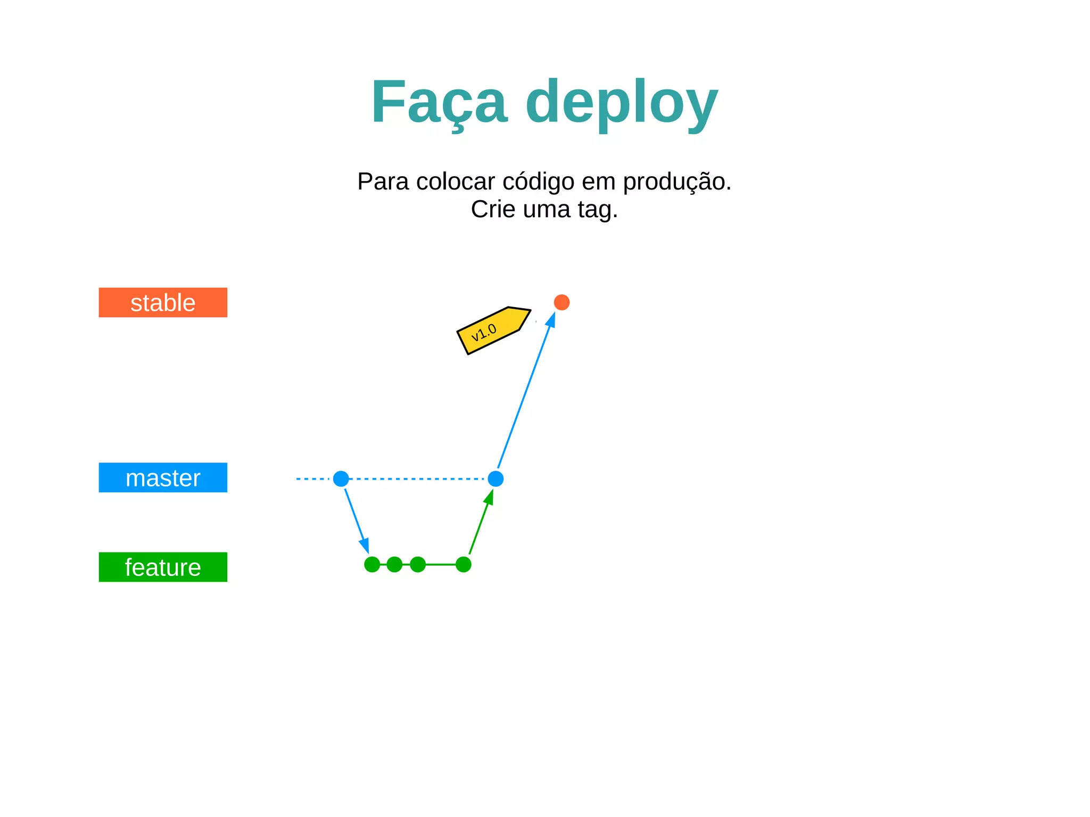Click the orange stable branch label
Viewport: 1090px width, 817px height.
point(163,302)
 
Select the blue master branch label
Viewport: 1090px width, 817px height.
point(163,477)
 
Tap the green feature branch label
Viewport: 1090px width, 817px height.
point(163,567)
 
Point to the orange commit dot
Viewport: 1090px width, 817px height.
point(561,302)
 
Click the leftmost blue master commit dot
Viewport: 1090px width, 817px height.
point(341,478)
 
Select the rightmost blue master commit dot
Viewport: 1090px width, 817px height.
point(496,478)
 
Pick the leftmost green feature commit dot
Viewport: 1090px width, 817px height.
point(372,564)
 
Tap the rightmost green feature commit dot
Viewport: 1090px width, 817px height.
point(464,564)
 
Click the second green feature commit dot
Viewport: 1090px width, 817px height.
point(394,564)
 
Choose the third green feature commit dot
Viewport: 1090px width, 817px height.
point(418,564)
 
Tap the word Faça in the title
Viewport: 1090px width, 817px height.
point(439,102)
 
